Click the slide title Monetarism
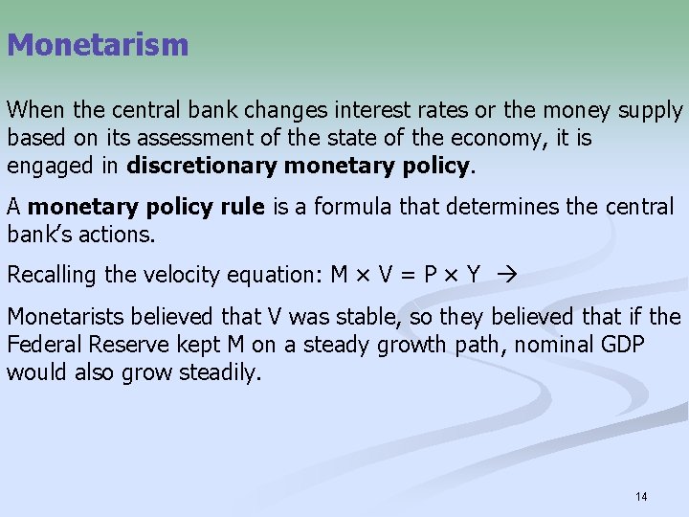[98, 44]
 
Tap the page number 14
[640, 496]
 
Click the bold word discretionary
[200, 166]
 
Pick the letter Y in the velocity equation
[473, 276]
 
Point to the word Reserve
[128, 345]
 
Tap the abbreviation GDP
[627, 345]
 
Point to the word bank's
[34, 235]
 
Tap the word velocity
[183, 276]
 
